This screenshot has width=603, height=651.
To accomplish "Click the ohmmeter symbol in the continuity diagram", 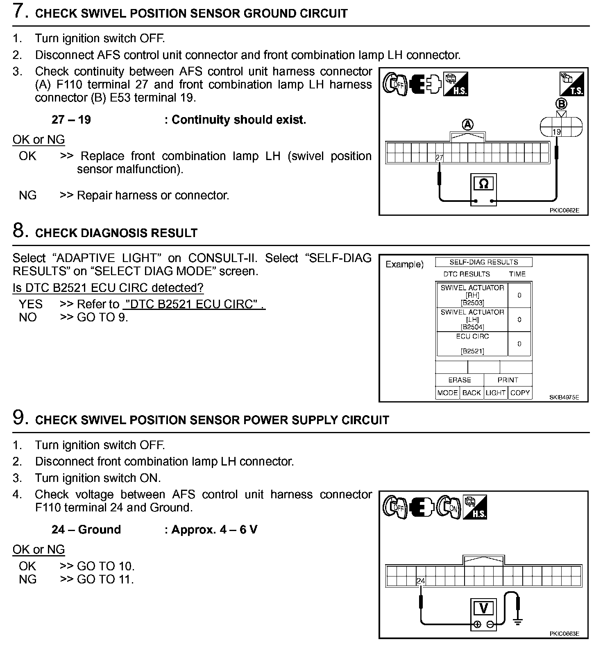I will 483,184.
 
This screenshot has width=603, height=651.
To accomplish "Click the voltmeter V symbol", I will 483,609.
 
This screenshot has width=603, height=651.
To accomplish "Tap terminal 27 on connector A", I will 440,158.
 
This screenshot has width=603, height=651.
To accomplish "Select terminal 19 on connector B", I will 556,132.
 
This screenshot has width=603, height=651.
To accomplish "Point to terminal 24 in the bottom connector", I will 421,581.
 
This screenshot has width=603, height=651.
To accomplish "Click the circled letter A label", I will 467,124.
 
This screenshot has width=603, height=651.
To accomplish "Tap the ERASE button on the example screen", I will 460,380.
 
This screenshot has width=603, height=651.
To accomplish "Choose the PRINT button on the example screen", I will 508,380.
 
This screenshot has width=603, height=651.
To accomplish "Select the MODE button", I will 447,393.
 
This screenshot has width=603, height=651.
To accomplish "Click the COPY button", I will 520,393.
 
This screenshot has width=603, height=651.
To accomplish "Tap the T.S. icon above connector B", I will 572,84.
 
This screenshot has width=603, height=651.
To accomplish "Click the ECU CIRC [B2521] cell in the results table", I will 472,344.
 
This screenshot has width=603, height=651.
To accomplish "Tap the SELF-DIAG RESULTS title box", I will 483,262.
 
